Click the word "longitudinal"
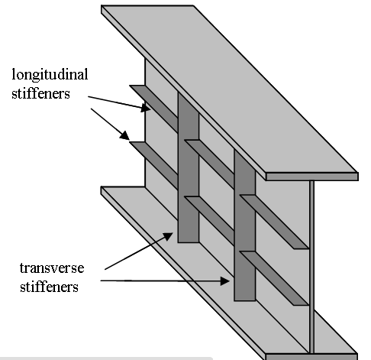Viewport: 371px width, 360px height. click(x=50, y=75)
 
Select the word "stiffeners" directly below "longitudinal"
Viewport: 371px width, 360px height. click(x=40, y=93)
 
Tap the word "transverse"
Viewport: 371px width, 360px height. click(x=52, y=268)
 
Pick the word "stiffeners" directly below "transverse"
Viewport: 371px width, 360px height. click(x=49, y=287)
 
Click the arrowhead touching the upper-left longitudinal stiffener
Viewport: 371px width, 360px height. click(x=146, y=108)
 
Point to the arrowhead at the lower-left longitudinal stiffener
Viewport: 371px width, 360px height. click(x=124, y=135)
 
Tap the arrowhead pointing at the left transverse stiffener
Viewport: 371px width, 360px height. click(x=168, y=236)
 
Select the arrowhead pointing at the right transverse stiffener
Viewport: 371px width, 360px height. click(x=225, y=281)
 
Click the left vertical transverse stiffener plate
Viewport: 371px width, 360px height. click(x=189, y=168)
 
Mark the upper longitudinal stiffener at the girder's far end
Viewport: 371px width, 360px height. click(x=153, y=109)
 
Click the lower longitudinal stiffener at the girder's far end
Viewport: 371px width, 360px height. click(x=153, y=165)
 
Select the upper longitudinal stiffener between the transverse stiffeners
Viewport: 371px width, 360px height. click(x=209, y=164)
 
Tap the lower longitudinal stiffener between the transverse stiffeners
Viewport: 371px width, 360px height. click(x=209, y=220)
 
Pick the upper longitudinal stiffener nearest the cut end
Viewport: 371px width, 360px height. click(x=274, y=222)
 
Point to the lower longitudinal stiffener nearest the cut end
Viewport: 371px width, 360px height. click(x=274, y=278)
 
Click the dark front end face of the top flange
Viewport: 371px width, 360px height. click(x=312, y=177)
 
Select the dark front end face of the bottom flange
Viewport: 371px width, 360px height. click(x=311, y=357)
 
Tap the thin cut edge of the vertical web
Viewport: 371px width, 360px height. click(x=311, y=267)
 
